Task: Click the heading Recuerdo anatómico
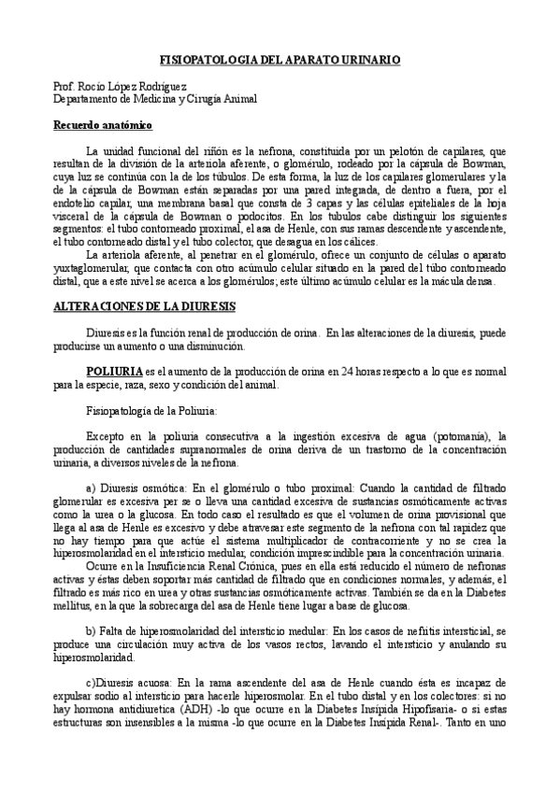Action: (x=102, y=125)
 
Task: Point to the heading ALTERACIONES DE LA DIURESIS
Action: (x=144, y=306)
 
